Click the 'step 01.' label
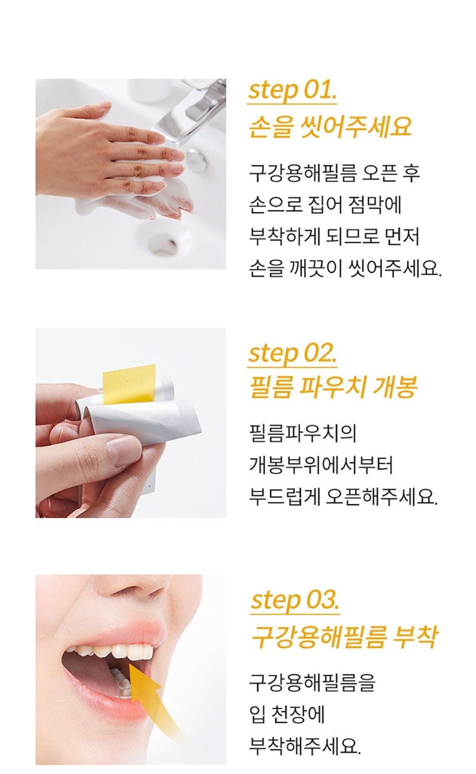tap(292, 91)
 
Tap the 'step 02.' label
tap(292, 354)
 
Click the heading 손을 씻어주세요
tap(331, 127)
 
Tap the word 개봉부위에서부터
tap(321, 465)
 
